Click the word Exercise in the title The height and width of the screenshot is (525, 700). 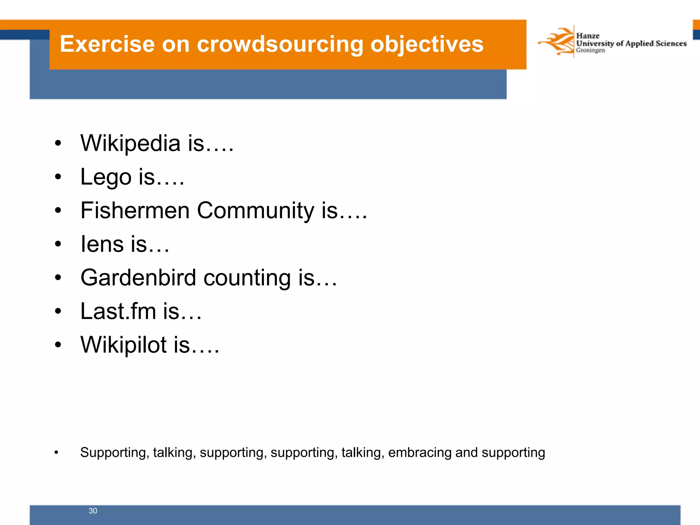click(x=107, y=44)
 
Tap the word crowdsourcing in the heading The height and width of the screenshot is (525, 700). click(x=280, y=45)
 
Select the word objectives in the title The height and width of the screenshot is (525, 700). click(x=427, y=45)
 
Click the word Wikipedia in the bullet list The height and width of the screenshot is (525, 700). click(x=130, y=143)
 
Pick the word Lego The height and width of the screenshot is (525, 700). click(x=106, y=177)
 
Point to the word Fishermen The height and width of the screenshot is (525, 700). click(x=135, y=210)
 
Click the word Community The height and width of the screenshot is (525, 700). click(x=255, y=211)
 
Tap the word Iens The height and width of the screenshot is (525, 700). click(x=102, y=244)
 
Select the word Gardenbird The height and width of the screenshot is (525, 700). click(x=138, y=278)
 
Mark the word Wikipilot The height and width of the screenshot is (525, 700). click(x=123, y=345)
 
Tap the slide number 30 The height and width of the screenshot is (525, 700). click(x=93, y=511)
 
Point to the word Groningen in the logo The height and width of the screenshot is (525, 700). click(x=590, y=51)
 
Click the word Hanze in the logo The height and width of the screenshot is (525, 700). click(x=588, y=36)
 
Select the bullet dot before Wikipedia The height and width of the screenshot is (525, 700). click(x=58, y=144)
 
